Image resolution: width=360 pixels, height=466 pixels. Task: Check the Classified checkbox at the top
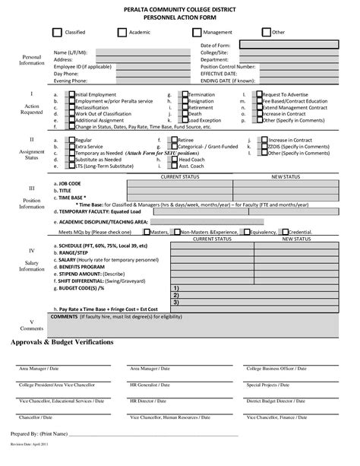pyautogui.click(x=56, y=33)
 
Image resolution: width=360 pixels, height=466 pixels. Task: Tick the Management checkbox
pyautogui.click(x=197, y=33)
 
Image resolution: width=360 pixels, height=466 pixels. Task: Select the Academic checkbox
pyautogui.click(x=123, y=33)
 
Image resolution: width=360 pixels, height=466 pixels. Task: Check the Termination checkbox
pyautogui.click(x=183, y=94)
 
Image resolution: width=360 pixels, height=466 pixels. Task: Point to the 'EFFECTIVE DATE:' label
pyautogui.click(x=221, y=73)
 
